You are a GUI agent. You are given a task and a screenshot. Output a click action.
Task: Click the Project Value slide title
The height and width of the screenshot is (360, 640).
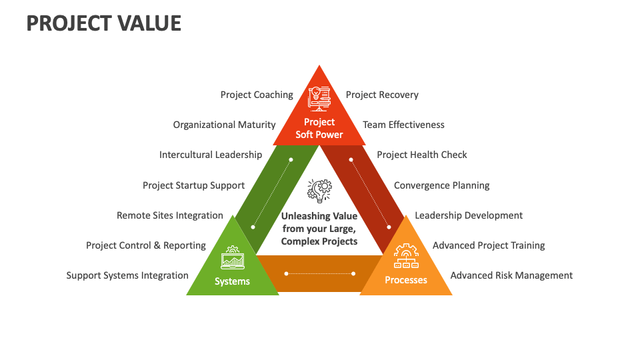[x=103, y=23]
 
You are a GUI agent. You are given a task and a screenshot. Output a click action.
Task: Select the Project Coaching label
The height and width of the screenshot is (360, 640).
[x=257, y=95]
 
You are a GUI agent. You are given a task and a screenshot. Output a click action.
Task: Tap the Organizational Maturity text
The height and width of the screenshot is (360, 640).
[x=224, y=125]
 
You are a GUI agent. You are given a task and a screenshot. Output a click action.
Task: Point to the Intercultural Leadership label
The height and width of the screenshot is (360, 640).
[x=211, y=155]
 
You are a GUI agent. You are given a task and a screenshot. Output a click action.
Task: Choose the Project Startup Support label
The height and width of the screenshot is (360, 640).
[x=193, y=185]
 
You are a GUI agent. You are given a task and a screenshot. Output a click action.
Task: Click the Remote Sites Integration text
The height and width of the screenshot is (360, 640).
[x=169, y=215]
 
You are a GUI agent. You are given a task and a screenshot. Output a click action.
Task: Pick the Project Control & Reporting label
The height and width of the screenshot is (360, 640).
[x=146, y=245]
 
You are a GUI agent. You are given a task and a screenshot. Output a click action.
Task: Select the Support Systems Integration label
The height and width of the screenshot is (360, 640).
[x=127, y=275]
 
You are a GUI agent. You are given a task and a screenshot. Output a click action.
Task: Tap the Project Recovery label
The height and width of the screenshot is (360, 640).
[x=382, y=95]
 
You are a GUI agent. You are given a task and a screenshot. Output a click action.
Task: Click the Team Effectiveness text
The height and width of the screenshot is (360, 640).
[x=403, y=125]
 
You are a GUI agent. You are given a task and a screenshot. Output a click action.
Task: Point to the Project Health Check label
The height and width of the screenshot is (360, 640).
[x=422, y=155]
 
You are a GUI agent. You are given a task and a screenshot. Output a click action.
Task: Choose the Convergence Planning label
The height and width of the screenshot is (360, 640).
[x=441, y=185]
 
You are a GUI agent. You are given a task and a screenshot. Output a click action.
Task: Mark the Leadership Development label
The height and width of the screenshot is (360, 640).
[x=469, y=215]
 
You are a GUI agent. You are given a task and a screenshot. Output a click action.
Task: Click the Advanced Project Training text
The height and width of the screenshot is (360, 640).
[x=489, y=245]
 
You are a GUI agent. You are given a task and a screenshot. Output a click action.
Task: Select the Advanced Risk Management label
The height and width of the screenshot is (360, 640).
[x=511, y=275]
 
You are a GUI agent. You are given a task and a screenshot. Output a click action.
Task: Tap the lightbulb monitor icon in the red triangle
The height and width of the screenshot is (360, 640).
[x=319, y=97]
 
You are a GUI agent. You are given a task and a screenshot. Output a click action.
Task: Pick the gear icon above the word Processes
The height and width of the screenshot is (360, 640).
[x=406, y=257]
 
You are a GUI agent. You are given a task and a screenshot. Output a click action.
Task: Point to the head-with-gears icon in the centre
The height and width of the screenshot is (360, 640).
[x=319, y=191]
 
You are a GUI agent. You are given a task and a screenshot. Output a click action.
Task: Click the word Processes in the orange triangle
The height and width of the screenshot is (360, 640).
[x=406, y=281]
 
